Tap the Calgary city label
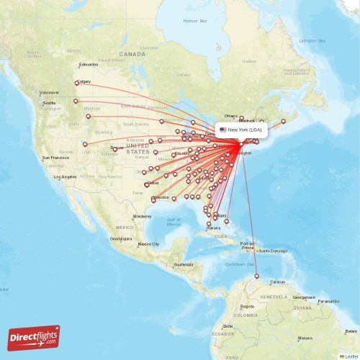tap(84, 81)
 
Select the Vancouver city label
tap(50, 93)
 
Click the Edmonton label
tap(89, 65)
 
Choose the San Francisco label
tap(55, 158)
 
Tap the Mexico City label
tap(149, 244)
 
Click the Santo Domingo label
tap(274, 251)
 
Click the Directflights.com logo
tap(34, 337)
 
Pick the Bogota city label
tap(245, 315)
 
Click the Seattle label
tap(49, 103)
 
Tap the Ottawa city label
tap(231, 115)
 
